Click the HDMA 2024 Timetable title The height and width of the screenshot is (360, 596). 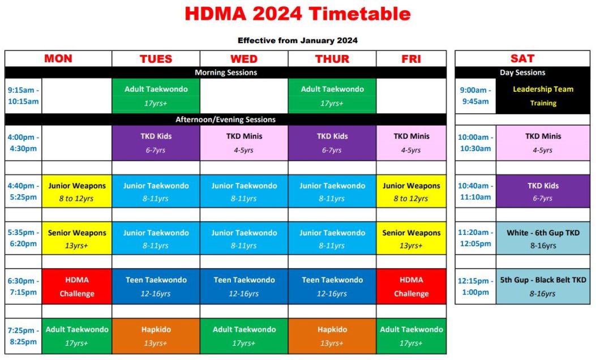pyautogui.click(x=298, y=14)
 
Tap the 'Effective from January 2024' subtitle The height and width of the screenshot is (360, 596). pyautogui.click(x=298, y=40)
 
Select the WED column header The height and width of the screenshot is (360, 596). pyautogui.click(x=244, y=59)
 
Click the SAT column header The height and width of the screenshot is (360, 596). pyautogui.click(x=522, y=58)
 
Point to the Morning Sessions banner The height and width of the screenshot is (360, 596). pyautogui.click(x=226, y=72)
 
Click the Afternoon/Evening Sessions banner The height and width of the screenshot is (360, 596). pyautogui.click(x=226, y=119)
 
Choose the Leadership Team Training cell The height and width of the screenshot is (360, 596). pyautogui.click(x=543, y=96)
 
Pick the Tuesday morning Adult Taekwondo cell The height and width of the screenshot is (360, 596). pyautogui.click(x=156, y=96)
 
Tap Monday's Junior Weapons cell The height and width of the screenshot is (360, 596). pyautogui.click(x=77, y=191)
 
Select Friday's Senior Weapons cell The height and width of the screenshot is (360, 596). pyautogui.click(x=411, y=238)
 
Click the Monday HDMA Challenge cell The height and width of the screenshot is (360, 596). pyautogui.click(x=77, y=286)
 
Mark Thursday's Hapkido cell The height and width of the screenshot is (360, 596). pyautogui.click(x=332, y=336)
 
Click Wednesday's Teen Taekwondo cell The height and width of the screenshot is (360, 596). pyautogui.click(x=244, y=286)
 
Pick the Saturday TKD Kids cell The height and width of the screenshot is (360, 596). pyautogui.click(x=543, y=191)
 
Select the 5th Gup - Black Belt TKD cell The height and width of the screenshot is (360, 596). pyautogui.click(x=543, y=286)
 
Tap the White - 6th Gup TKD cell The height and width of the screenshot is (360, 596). pyautogui.click(x=543, y=238)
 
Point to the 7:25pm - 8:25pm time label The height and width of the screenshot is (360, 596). pyautogui.click(x=24, y=336)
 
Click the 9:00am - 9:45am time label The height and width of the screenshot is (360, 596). pyautogui.click(x=475, y=96)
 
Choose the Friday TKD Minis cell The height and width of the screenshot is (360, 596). pyautogui.click(x=411, y=143)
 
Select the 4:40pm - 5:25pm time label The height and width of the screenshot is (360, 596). pyautogui.click(x=24, y=191)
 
